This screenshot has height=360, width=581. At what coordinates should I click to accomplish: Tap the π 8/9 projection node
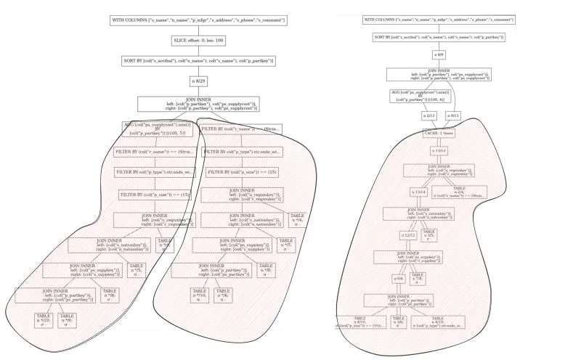pyautogui.click(x=439, y=54)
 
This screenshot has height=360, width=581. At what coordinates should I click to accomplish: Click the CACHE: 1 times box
pyautogui.click(x=438, y=134)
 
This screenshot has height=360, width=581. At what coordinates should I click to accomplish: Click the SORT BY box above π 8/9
pyautogui.click(x=439, y=36)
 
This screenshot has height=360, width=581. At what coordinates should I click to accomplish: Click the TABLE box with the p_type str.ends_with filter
pyautogui.click(x=437, y=322)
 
